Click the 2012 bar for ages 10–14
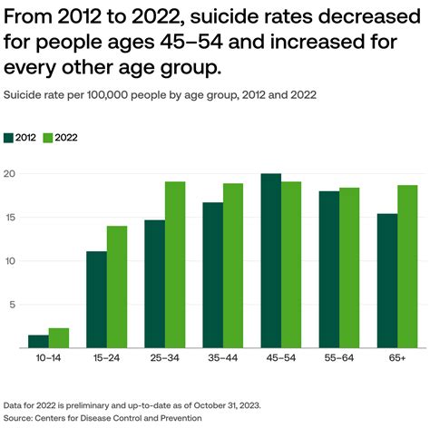(38, 342)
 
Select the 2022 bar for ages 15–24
(117, 287)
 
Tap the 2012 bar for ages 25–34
(154, 284)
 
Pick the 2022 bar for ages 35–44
(233, 266)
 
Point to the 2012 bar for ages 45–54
(270, 260)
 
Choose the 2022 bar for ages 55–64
(349, 267)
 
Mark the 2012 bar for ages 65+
(387, 280)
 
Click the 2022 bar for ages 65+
(408, 267)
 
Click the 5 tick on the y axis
(10, 305)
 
